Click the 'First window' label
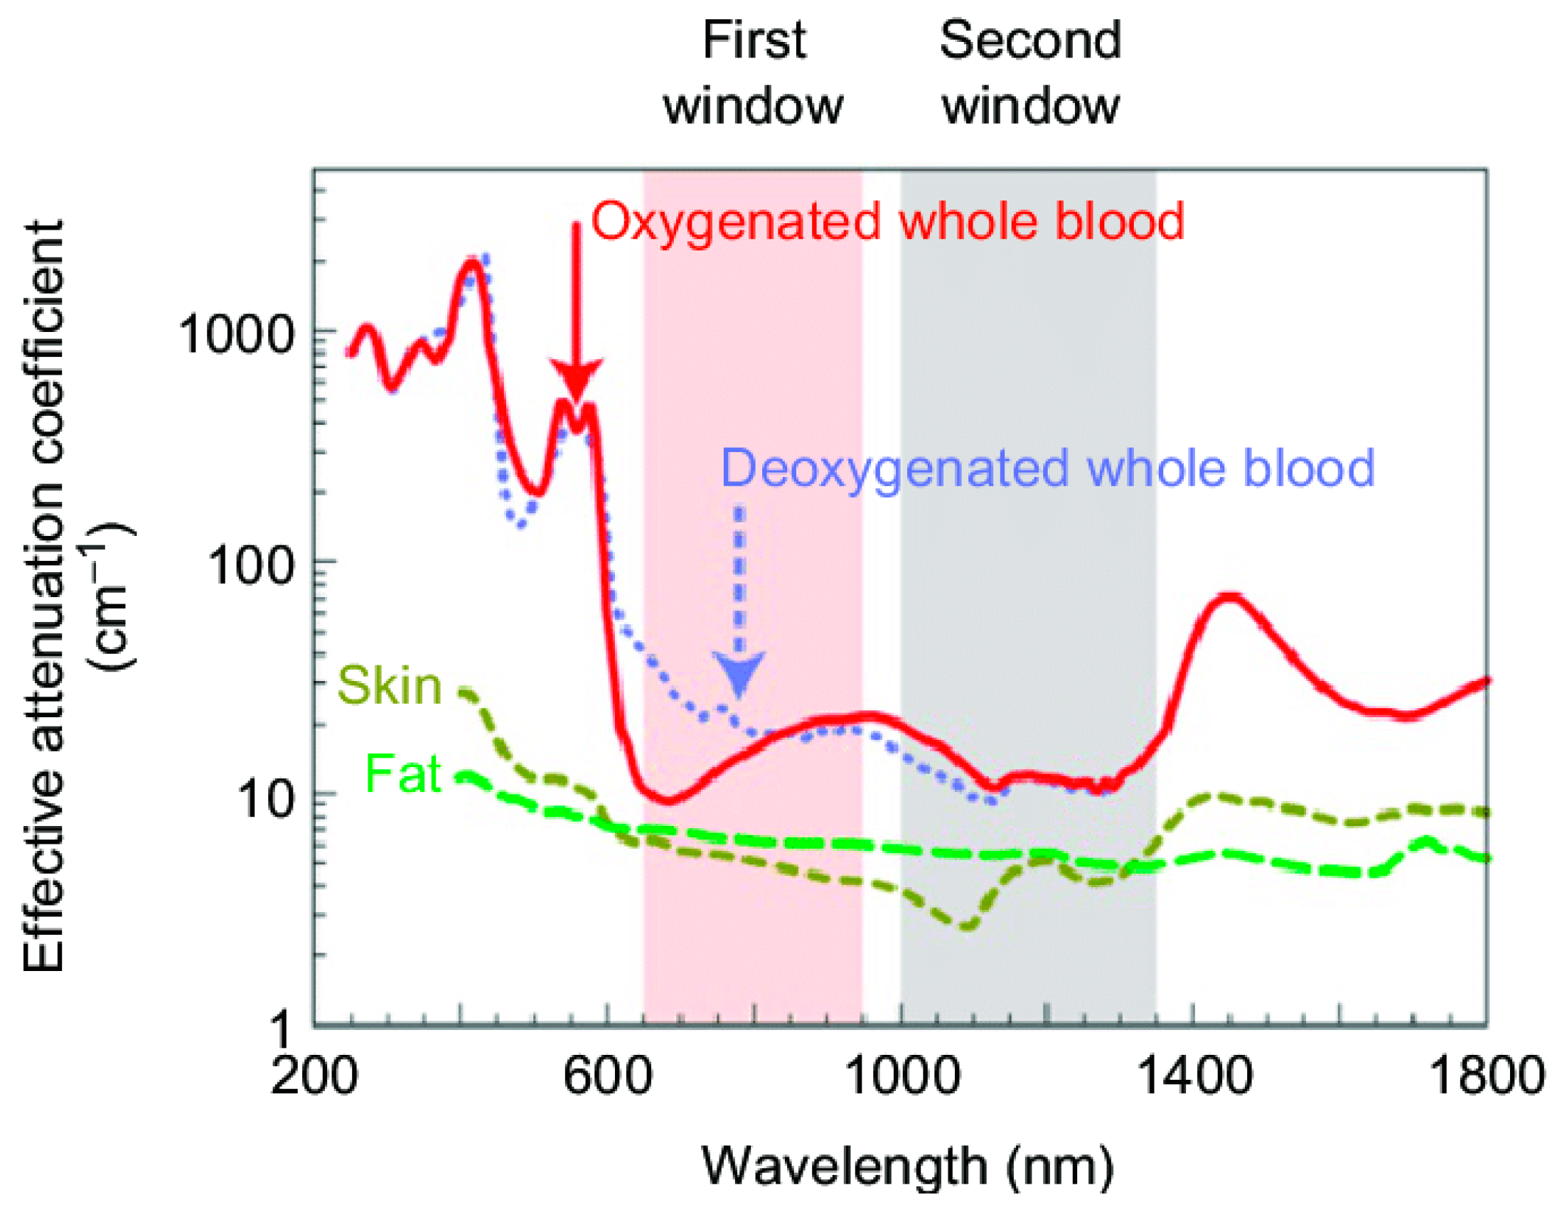[754, 73]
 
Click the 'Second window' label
[1030, 73]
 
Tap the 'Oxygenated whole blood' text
[887, 222]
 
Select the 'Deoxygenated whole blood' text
[1048, 468]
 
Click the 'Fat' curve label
[403, 773]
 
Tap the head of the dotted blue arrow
[739, 674]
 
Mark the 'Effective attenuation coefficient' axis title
[44, 599]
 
